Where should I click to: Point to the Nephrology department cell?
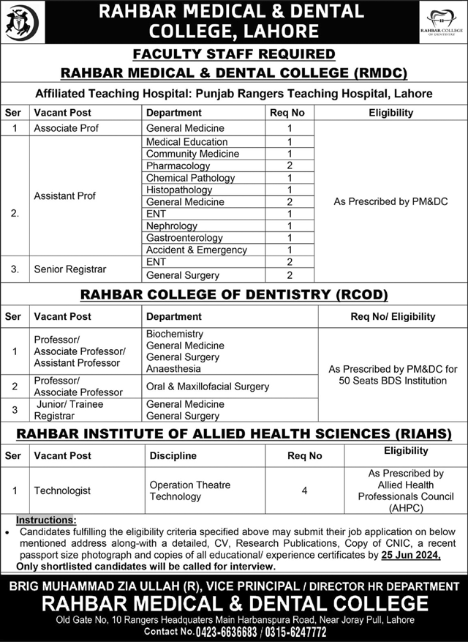(x=172, y=226)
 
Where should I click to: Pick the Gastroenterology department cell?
(x=184, y=238)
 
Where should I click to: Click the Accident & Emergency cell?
(x=197, y=250)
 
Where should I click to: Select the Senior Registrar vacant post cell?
(x=70, y=269)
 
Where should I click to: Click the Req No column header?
(x=288, y=113)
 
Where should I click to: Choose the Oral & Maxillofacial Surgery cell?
(x=208, y=387)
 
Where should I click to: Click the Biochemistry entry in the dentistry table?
(x=175, y=334)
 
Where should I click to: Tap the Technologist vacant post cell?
(x=63, y=490)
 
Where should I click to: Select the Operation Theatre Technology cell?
(x=189, y=490)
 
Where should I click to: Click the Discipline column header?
(x=173, y=455)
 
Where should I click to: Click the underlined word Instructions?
(x=49, y=519)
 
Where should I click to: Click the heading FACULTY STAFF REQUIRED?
(x=234, y=54)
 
